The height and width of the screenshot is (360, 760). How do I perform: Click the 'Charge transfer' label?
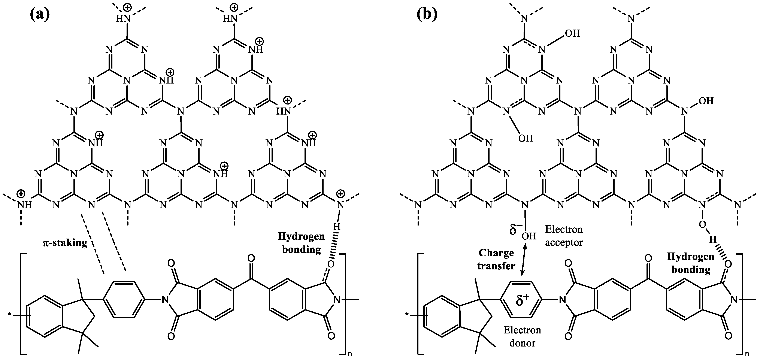click(496, 259)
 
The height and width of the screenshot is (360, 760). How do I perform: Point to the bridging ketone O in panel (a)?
click(251, 259)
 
